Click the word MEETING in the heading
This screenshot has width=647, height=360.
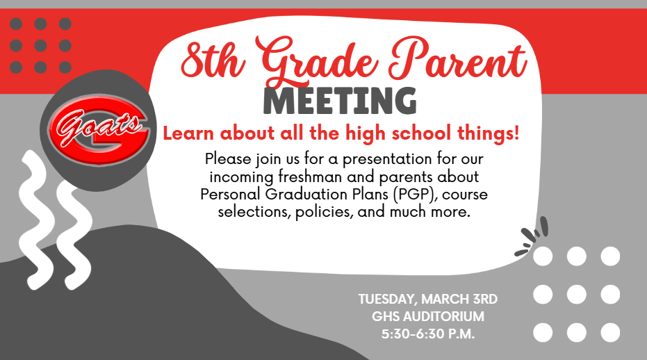point(340,101)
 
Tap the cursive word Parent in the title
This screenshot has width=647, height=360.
point(458,59)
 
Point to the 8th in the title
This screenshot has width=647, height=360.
point(212,60)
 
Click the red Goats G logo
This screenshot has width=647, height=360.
point(98,130)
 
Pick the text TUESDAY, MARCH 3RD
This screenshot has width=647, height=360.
point(428,299)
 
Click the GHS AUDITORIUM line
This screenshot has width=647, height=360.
point(428,316)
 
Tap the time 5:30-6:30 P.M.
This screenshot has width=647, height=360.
point(428,334)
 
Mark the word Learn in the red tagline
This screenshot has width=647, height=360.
point(188,133)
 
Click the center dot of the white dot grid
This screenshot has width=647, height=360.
point(576,295)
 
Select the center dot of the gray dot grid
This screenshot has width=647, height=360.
point(40,45)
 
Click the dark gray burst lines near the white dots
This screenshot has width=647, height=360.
point(532,236)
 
